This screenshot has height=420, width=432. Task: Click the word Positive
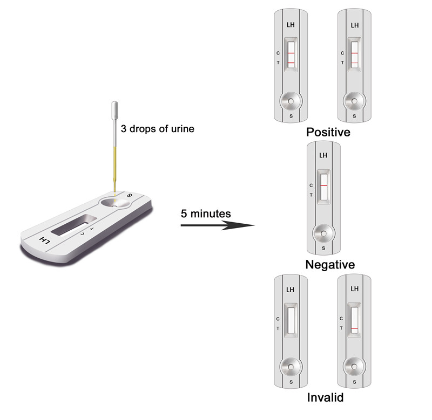[328, 132]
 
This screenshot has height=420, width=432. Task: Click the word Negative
[330, 265]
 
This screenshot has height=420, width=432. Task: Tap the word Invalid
[326, 397]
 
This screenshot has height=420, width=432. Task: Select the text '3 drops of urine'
[158, 129]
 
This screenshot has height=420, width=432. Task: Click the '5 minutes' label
[206, 214]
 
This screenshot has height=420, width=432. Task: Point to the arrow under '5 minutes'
[218, 225]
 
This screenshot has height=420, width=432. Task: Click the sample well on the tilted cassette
[115, 203]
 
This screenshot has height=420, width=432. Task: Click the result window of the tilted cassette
[73, 225]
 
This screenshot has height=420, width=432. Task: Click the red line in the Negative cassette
[323, 185]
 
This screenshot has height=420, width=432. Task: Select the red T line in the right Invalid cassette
[355, 328]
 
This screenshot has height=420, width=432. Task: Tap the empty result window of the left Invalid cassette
[291, 320]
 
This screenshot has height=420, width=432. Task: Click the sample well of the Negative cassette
[323, 233]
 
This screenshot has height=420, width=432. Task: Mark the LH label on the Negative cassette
[323, 155]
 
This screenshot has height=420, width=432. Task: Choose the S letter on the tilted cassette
[129, 195]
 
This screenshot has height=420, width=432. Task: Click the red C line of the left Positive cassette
[291, 53]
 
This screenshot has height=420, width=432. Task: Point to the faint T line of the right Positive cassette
[355, 63]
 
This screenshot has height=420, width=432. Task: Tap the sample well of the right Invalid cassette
[354, 367]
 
